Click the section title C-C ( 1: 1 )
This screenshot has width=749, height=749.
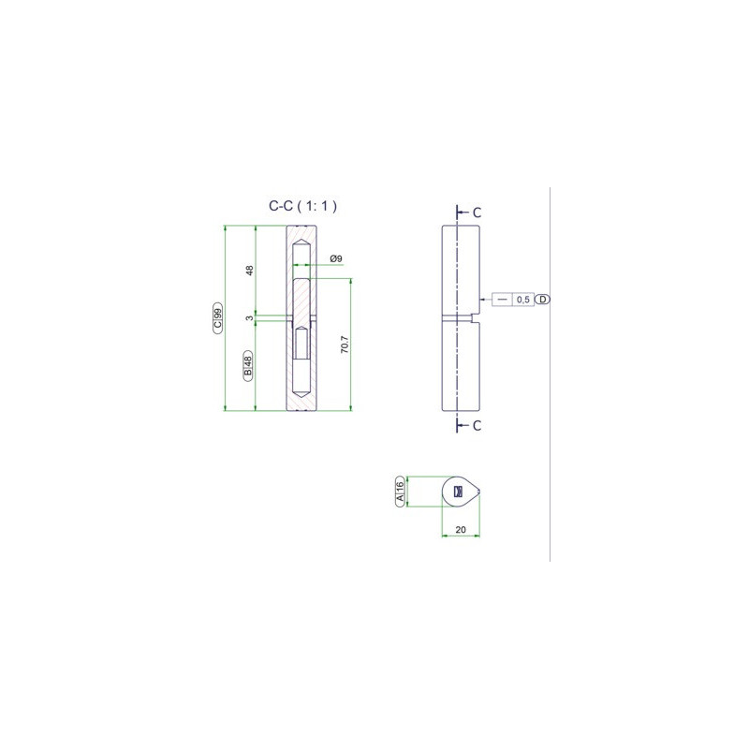click(x=302, y=206)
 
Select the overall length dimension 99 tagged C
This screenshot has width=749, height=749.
click(x=218, y=318)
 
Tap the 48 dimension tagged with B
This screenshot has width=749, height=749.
click(x=248, y=366)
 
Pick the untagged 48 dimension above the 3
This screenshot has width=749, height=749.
click(x=249, y=271)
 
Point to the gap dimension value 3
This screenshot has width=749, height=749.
click(x=249, y=318)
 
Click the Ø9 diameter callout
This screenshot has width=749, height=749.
click(x=336, y=258)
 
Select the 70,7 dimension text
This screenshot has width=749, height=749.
click(x=345, y=345)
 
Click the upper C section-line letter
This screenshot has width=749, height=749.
click(x=477, y=213)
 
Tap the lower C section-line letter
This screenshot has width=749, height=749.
click(x=477, y=426)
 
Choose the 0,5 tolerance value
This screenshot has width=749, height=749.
click(x=523, y=300)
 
